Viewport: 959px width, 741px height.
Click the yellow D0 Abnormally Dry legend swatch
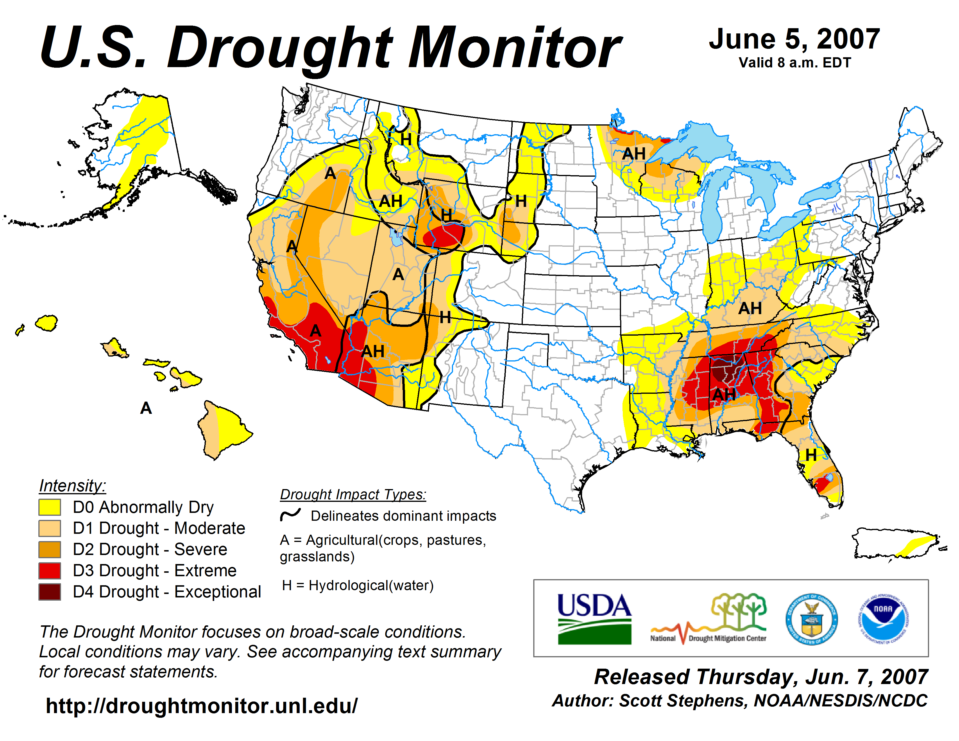(50, 507)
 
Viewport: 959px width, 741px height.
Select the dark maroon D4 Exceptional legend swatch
(50, 592)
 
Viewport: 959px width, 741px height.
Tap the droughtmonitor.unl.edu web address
(202, 706)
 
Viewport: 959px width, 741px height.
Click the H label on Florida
(811, 455)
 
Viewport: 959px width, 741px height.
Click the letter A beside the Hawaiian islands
(146, 408)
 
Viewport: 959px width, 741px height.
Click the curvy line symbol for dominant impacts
(290, 514)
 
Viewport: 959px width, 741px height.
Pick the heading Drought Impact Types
(353, 494)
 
